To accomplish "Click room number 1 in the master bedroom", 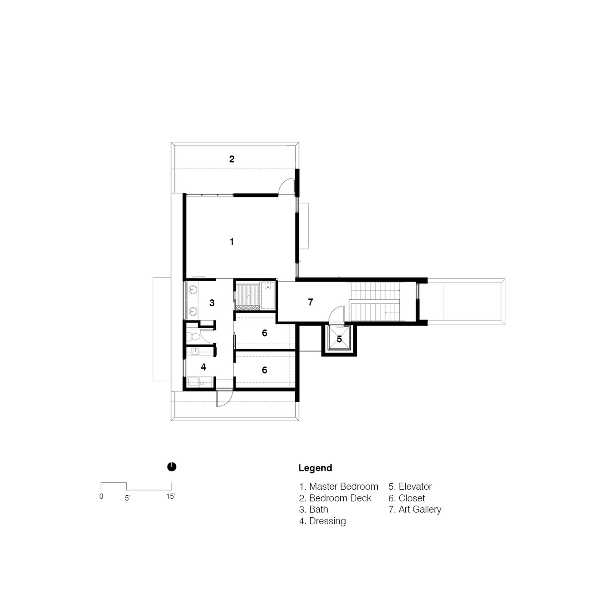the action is tap(232, 242).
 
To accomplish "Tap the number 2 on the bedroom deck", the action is tap(232, 159).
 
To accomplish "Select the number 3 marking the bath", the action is tap(212, 303).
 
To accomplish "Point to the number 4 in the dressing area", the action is tap(203, 367).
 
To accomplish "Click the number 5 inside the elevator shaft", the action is tap(339, 339).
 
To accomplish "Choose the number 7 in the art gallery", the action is tap(310, 302).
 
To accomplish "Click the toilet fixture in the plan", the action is tap(193, 337).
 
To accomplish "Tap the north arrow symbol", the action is tap(172, 467).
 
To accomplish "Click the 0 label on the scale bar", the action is tap(101, 497).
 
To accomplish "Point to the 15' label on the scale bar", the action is tap(171, 496).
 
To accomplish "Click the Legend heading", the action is tap(315, 468).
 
